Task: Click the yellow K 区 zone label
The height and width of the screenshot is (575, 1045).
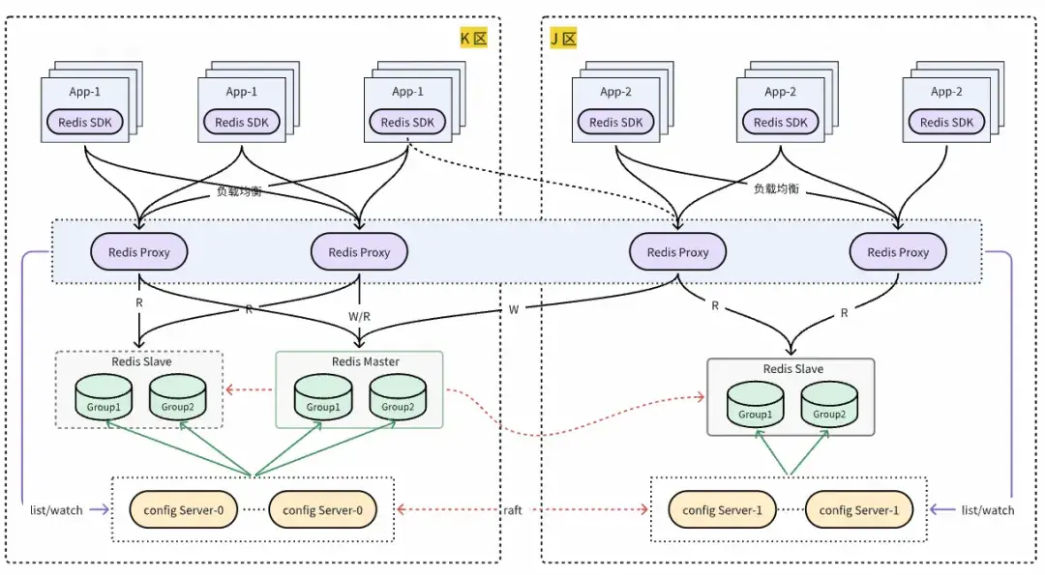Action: pos(472,39)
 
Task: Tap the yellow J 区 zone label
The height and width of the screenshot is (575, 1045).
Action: pos(563,39)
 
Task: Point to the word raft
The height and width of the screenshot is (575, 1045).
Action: pos(513,510)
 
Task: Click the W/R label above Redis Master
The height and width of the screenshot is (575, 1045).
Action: pos(359,316)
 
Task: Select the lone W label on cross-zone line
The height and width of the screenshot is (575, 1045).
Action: pos(513,310)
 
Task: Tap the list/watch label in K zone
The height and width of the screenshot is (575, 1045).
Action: pos(55,510)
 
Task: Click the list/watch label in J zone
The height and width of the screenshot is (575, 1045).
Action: pos(988,510)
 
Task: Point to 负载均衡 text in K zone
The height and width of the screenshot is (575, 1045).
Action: pos(238,191)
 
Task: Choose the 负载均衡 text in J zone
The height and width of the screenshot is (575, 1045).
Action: pos(776,188)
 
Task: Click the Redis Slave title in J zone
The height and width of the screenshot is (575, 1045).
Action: pos(792,369)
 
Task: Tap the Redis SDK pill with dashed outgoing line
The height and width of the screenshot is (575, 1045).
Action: pos(407,123)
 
